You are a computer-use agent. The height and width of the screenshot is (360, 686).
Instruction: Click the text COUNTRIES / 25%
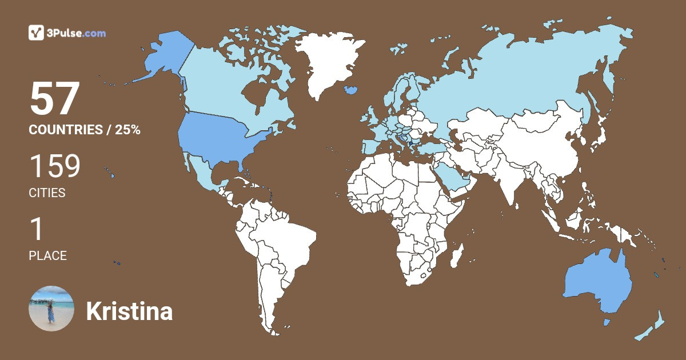(x=85, y=130)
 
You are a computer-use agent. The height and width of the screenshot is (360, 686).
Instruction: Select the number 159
(x=55, y=166)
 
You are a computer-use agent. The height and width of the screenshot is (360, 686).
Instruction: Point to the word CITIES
(x=47, y=193)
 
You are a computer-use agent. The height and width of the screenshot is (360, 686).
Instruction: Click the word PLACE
(x=47, y=256)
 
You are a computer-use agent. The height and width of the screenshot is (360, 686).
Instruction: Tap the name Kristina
(x=129, y=311)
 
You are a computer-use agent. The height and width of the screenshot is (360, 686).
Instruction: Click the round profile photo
(x=51, y=309)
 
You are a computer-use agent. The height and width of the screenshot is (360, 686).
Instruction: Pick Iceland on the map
(x=351, y=90)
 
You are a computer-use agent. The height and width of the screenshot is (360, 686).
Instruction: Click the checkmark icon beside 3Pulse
(x=36, y=33)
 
